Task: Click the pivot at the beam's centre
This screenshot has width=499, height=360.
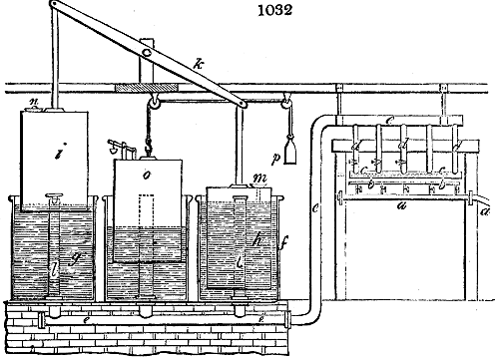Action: [146, 55]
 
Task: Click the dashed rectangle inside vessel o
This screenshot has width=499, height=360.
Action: [147, 219]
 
